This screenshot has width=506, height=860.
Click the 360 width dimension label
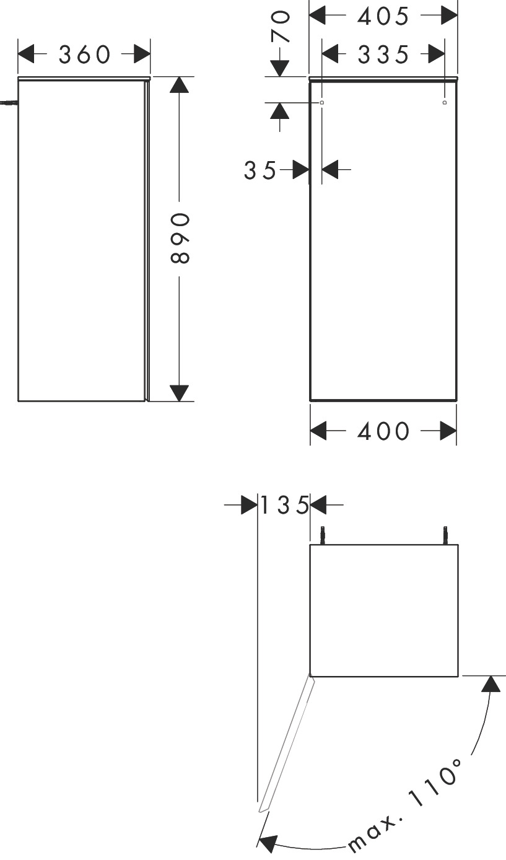tap(84, 54)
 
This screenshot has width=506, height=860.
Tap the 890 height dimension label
tap(180, 239)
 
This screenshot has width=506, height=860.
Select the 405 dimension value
tap(383, 17)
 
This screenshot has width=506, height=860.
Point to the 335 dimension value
tap(383, 55)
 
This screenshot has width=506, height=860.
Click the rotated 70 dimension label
tap(281, 26)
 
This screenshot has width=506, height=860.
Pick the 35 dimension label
tap(260, 170)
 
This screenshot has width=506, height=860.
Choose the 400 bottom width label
tap(383, 431)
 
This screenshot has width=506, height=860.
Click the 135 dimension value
tap(285, 505)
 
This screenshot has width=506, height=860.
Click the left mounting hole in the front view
tap(322, 102)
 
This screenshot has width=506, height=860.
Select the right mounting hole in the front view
tap(445, 102)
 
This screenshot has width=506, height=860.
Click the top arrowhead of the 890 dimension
tap(179, 85)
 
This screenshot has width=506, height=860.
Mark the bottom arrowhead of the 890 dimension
tap(179, 393)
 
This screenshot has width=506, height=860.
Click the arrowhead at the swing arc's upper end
tap(491, 684)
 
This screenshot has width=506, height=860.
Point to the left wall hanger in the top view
tap(323, 535)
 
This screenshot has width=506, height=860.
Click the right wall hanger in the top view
tap(445, 535)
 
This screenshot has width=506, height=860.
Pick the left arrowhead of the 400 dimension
tap(318, 431)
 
